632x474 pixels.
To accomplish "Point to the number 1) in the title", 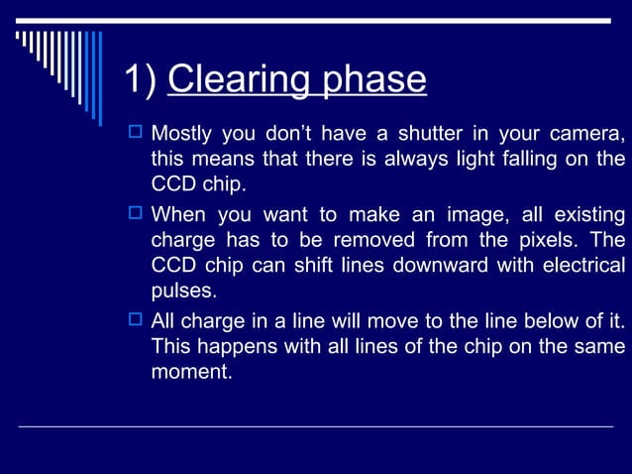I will [142, 80].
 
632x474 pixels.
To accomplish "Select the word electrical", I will [582, 266].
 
